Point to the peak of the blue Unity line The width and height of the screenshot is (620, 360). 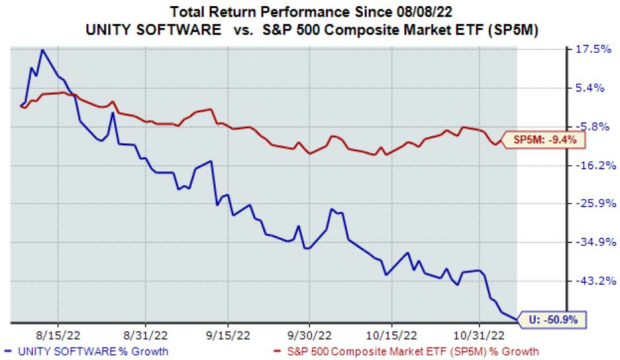click(42, 50)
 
